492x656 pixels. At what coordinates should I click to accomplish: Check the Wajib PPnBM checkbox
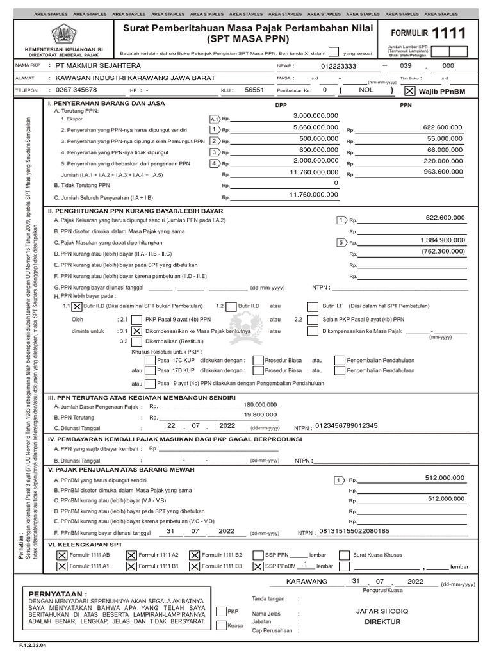point(410,91)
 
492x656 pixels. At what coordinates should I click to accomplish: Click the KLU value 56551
point(254,90)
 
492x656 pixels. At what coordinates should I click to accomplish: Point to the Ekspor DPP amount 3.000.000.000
point(315,115)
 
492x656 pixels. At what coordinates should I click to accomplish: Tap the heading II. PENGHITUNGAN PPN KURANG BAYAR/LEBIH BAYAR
point(136,210)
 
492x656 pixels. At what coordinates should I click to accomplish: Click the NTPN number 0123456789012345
point(345,426)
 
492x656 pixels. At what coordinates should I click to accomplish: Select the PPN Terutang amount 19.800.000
point(261,415)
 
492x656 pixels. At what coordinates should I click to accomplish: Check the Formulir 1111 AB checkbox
point(61,555)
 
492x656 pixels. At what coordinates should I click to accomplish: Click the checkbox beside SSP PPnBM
point(258,566)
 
